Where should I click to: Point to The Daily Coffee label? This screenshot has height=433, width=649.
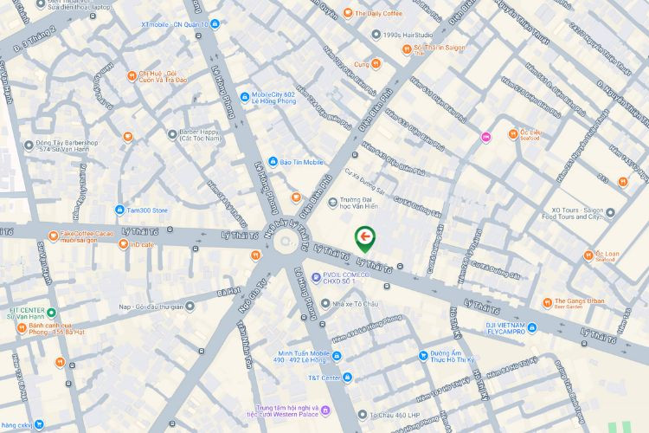click(x=372, y=14)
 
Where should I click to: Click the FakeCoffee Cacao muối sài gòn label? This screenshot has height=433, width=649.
click(x=87, y=236)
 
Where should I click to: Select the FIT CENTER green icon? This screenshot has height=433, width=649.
click(x=51, y=313)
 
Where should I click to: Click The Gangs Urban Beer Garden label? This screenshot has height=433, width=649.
click(x=579, y=302)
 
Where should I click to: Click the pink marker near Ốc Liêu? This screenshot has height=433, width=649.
click(x=485, y=136)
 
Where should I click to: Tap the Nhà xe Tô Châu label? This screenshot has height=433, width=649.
click(x=355, y=303)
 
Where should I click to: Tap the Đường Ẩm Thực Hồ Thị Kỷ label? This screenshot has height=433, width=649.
click(x=452, y=359)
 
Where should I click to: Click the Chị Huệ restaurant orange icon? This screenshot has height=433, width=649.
click(x=131, y=75)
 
